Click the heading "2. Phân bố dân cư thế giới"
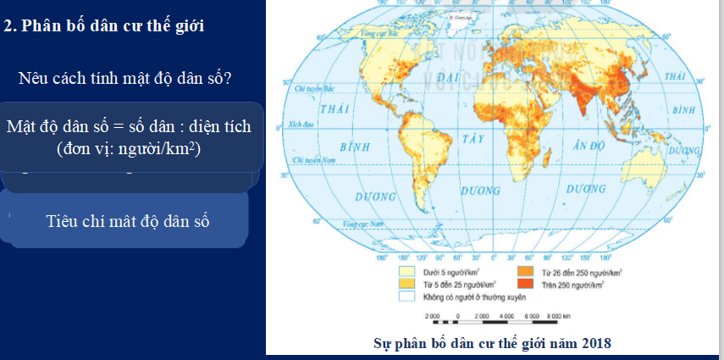click(x=105, y=26)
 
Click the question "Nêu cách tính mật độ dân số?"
click(x=125, y=79)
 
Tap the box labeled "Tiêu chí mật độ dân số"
click(x=127, y=221)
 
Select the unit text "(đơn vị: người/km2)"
click(x=129, y=148)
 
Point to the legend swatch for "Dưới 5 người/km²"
click(x=406, y=273)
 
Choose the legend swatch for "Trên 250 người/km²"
click(x=522, y=285)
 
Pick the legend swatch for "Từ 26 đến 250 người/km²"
click(x=522, y=273)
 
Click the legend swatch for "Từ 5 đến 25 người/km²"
click(x=406, y=285)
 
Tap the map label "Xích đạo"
click(x=301, y=125)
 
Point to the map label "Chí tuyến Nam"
click(x=310, y=159)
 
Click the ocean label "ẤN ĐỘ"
click(x=591, y=146)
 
